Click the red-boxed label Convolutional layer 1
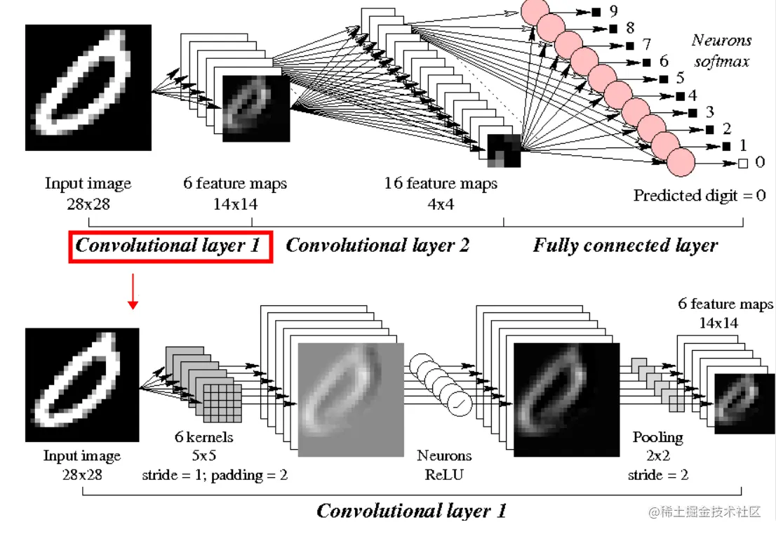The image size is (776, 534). click(168, 246)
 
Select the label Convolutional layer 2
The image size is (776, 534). click(377, 246)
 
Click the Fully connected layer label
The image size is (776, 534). click(625, 246)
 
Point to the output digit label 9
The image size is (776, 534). click(614, 12)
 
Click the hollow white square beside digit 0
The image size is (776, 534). click(743, 163)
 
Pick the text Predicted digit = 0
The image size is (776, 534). click(700, 195)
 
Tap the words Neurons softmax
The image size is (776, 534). click(721, 51)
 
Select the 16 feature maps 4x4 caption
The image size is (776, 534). click(441, 193)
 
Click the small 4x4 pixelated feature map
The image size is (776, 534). click(504, 150)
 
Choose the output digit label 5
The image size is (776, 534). click(680, 78)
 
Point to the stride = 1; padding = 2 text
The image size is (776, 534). click(215, 474)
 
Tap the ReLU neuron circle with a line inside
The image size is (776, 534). click(459, 403)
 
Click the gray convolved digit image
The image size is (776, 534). click(352, 399)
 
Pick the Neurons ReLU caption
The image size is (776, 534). click(444, 465)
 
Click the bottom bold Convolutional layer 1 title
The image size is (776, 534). click(411, 511)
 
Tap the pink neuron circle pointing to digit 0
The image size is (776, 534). click(680, 162)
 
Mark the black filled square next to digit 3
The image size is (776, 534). click(692, 112)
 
